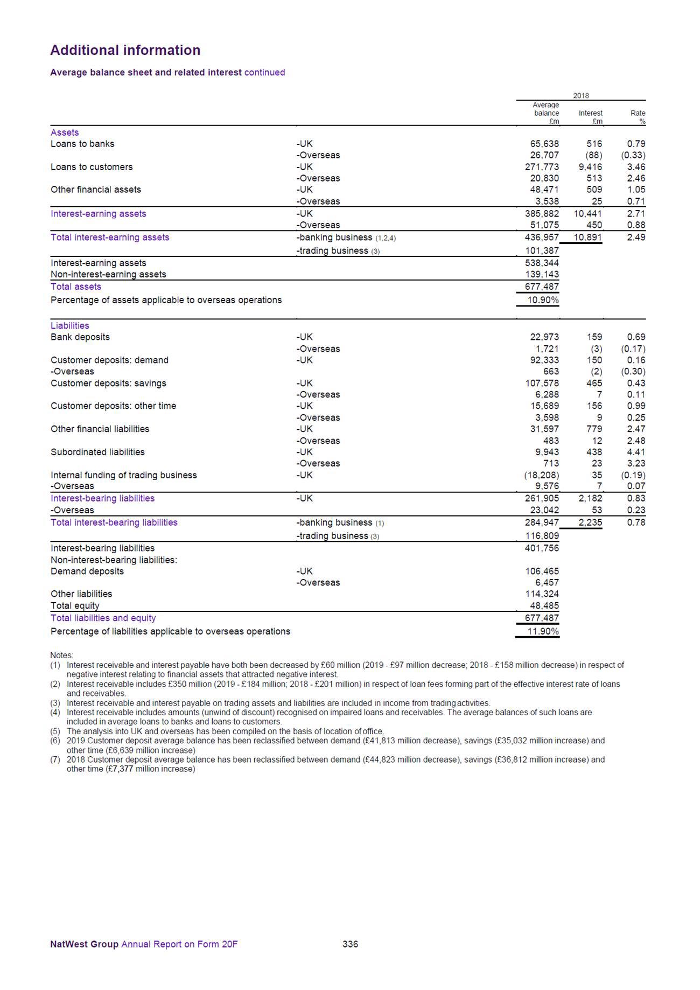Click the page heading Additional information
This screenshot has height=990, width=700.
tap(125, 50)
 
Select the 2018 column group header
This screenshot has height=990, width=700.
tap(580, 95)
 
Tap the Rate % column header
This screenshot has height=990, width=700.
tap(638, 117)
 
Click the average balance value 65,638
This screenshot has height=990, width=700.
tap(542, 144)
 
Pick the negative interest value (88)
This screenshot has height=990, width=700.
tap(593, 155)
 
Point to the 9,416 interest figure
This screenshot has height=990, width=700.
tap(590, 167)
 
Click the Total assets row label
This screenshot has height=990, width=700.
tap(76, 287)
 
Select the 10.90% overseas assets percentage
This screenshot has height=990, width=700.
tap(543, 300)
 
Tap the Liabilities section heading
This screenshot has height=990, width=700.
tap(70, 325)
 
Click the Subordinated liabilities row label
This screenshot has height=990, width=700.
tap(97, 452)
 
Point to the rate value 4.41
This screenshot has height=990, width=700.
tap(636, 452)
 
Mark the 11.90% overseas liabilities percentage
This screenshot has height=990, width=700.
tap(543, 631)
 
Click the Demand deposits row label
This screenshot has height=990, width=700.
tap(87, 571)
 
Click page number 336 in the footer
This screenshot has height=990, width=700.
tap(350, 944)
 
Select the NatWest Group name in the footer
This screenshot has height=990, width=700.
tap(84, 944)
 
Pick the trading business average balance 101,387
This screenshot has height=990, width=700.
tap(542, 250)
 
